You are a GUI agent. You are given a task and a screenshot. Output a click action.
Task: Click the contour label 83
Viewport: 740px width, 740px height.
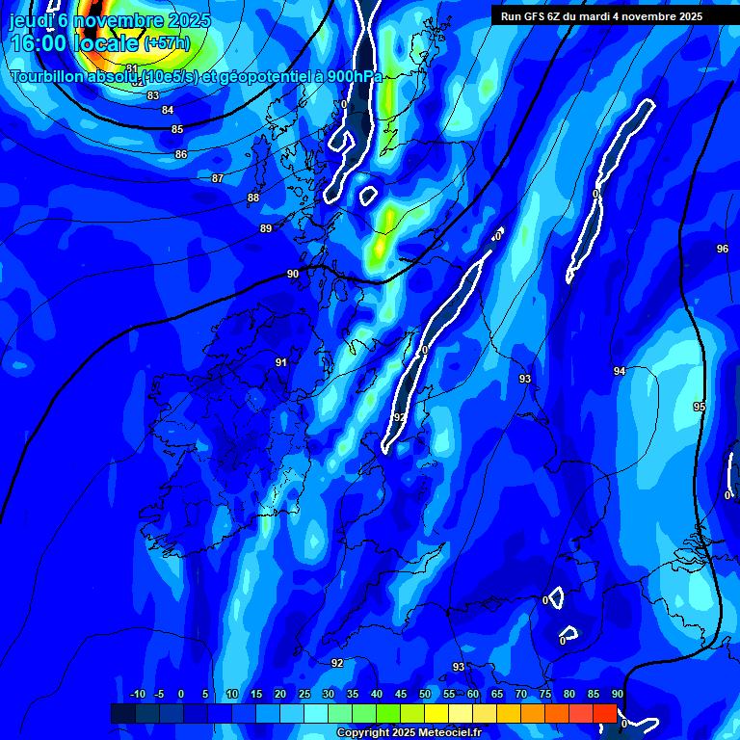coord(153,95)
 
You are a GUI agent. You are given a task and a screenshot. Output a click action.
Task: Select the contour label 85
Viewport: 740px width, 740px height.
coord(177,129)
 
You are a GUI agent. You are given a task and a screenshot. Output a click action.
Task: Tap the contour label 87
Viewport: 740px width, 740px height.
coord(218,178)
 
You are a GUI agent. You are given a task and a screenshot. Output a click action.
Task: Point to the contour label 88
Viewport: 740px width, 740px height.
coord(253,198)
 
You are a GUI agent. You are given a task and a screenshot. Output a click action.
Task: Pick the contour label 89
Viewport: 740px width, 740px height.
coord(266,228)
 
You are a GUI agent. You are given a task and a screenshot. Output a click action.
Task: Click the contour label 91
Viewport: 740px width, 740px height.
coord(281,362)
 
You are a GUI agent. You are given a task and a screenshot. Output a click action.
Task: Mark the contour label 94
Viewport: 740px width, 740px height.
coord(620,371)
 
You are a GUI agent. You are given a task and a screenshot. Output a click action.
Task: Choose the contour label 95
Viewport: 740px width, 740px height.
coord(700,407)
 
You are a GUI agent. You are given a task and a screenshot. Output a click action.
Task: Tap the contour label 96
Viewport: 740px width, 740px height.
coord(723,249)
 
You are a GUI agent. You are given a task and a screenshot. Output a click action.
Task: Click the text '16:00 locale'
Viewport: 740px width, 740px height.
coord(74,42)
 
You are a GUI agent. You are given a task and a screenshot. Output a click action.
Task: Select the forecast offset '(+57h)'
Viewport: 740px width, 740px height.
coord(167,43)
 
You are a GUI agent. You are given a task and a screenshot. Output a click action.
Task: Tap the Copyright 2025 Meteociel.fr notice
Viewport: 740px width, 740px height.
coord(410,733)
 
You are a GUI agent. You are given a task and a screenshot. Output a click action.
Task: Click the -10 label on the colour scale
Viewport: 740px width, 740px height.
coord(137,694)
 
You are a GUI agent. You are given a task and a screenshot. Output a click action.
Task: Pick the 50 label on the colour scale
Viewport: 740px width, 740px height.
coord(425,694)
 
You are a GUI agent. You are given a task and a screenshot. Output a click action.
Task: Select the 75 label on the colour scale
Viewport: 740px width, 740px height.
coord(545,694)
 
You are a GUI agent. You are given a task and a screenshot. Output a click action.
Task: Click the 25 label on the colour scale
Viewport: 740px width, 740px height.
coord(304,694)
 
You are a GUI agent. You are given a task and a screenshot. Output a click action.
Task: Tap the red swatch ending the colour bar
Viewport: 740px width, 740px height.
coord(605,713)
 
